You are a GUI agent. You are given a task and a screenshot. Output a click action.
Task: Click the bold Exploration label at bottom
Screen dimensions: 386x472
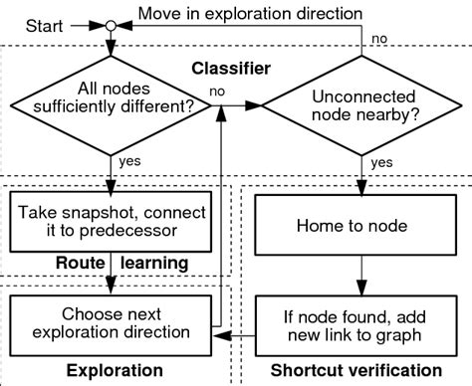pos(113,370)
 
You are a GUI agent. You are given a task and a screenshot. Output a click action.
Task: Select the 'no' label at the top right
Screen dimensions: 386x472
pos(380,38)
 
